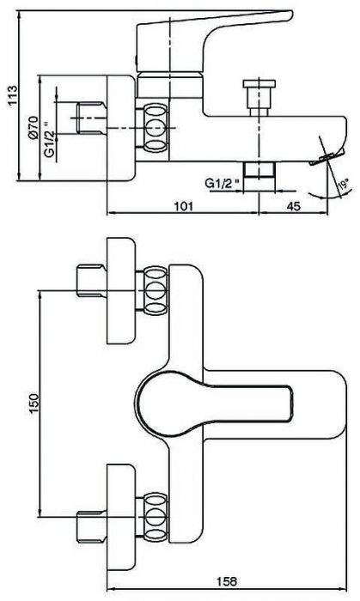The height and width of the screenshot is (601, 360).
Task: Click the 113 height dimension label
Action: (13, 95)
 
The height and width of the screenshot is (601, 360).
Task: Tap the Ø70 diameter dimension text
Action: (33, 127)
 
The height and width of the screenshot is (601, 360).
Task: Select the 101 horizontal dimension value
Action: (184, 206)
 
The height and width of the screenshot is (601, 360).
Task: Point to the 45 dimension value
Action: (293, 206)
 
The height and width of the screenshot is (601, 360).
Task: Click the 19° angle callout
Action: (344, 185)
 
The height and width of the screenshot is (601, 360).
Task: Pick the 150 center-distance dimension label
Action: (34, 404)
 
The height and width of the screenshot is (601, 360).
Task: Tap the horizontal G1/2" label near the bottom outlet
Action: (223, 183)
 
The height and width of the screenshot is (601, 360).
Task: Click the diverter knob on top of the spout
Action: (259, 98)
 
